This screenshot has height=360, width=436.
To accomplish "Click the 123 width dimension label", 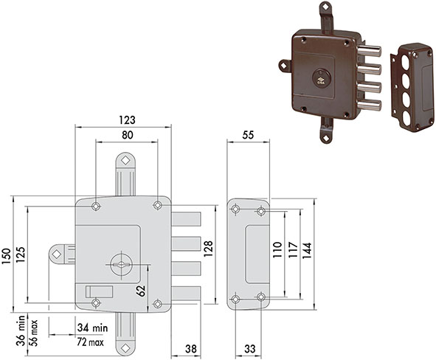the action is coord(127,120).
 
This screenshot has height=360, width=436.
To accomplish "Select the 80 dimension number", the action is coord(128,135).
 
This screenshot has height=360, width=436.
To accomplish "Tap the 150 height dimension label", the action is coord(6,256).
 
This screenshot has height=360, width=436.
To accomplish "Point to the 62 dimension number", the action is coord(141,291).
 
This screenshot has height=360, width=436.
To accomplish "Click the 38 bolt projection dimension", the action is coord(191,349).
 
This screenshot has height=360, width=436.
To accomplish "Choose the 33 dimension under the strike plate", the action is coord(249,349).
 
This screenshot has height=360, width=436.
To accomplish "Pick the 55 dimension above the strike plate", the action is coord(248,135).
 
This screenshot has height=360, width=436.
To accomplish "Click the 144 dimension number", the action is coord(307,251).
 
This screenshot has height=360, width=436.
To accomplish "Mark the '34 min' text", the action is coord(92,328).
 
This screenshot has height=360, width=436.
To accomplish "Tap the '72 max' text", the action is coord(90,342).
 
